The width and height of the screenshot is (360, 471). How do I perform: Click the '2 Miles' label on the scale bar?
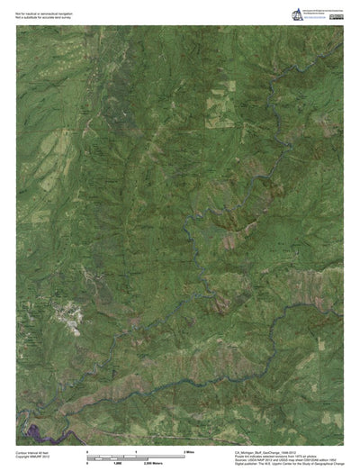tap(190, 450)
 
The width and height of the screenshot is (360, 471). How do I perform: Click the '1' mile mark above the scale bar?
tap(136, 450)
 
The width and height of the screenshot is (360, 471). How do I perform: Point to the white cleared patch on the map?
tap(68, 314)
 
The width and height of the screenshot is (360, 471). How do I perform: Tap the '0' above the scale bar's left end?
tap(87, 450)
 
